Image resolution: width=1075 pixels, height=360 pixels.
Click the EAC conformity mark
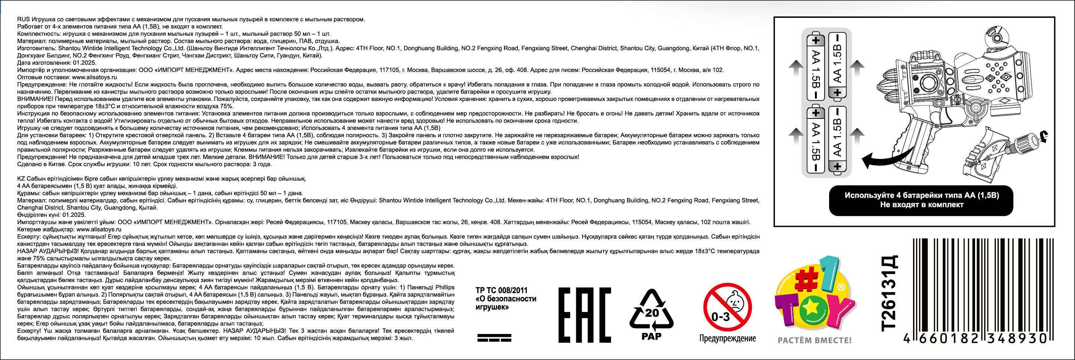[x=584, y=315]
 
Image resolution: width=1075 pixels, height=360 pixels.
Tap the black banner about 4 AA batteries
[x=921, y=200]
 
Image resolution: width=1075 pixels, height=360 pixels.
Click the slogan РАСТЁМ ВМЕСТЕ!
[x=815, y=341]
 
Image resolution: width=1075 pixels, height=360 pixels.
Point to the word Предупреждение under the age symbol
[x=727, y=338]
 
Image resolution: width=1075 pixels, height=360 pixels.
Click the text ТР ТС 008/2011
[x=501, y=290]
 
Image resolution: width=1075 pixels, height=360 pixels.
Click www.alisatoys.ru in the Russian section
[x=94, y=77]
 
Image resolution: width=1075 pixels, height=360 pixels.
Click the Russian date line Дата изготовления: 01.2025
[x=56, y=62]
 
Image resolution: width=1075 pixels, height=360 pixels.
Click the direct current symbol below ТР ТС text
[x=494, y=337]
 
